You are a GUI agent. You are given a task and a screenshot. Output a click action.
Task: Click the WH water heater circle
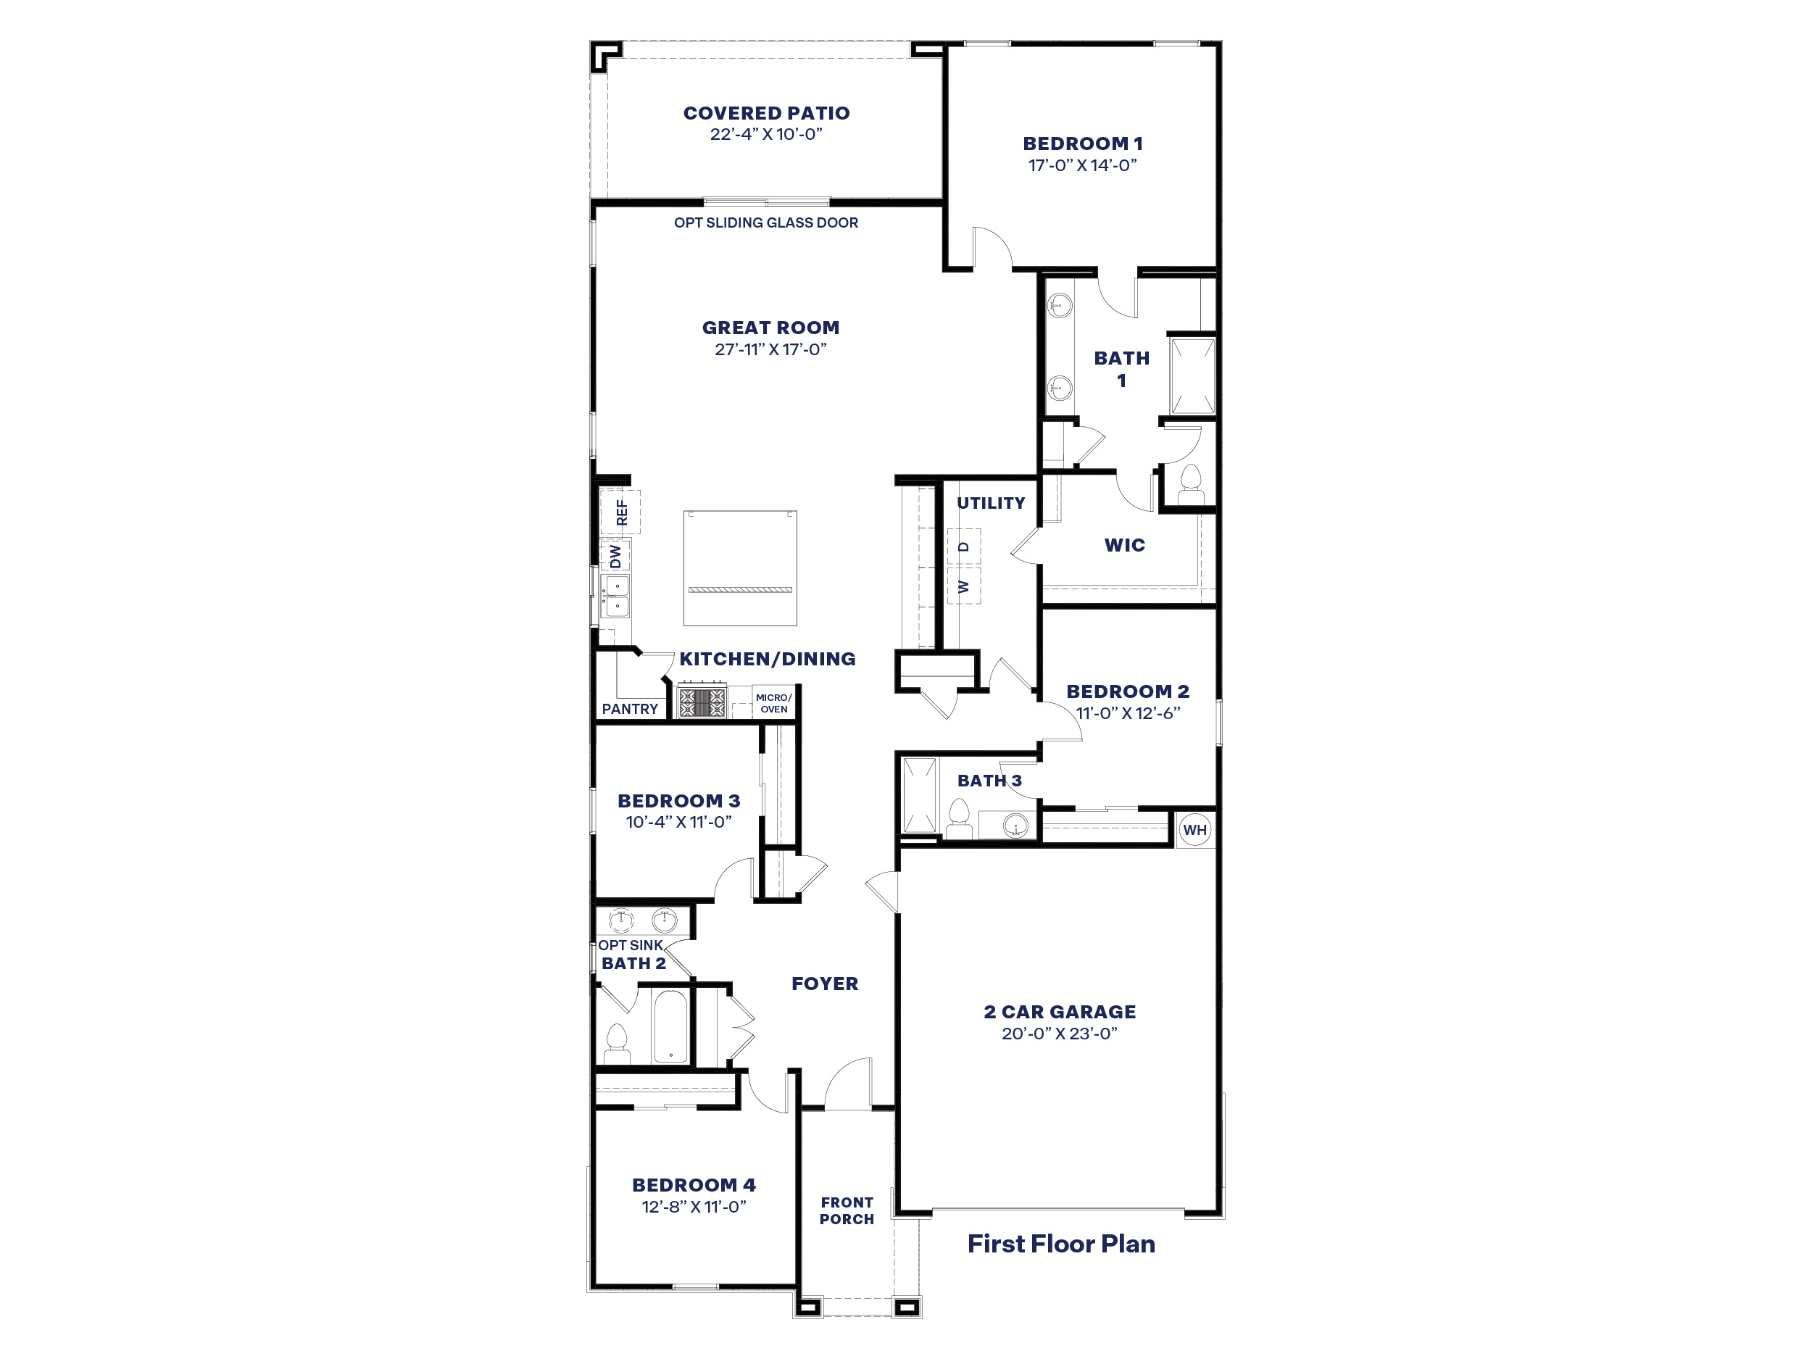(1194, 829)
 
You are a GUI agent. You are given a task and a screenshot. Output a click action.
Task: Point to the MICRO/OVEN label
(773, 704)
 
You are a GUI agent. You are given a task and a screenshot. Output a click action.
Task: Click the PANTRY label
(629, 709)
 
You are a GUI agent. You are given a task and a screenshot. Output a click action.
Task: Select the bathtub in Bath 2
(671, 1026)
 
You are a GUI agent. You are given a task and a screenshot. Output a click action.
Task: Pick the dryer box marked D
(964, 546)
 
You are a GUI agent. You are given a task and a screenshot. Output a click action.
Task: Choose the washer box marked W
(964, 586)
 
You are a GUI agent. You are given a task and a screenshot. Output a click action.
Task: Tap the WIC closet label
(1124, 545)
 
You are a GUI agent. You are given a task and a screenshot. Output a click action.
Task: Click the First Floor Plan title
(1061, 1244)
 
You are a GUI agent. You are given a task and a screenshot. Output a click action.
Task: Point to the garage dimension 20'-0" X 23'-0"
(1059, 1034)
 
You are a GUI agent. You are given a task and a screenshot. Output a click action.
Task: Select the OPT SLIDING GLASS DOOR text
(766, 223)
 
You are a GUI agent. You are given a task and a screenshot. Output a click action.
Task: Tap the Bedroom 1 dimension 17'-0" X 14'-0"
(1082, 165)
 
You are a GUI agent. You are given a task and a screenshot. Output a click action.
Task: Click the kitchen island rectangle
(740, 568)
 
